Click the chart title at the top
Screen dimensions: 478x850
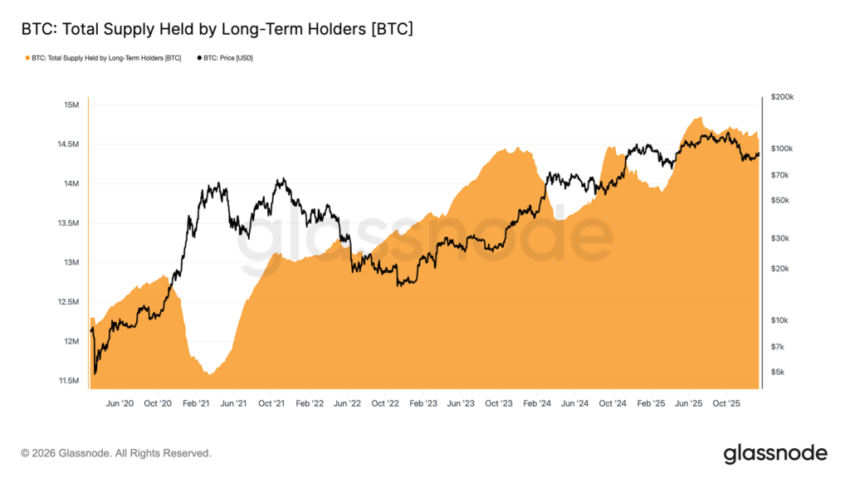point(217,29)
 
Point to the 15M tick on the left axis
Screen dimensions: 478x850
point(71,105)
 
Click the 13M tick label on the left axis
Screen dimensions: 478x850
point(71,263)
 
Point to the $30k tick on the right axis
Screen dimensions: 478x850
point(780,238)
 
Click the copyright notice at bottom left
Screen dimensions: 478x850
point(116,453)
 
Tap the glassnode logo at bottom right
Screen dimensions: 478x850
point(775,453)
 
